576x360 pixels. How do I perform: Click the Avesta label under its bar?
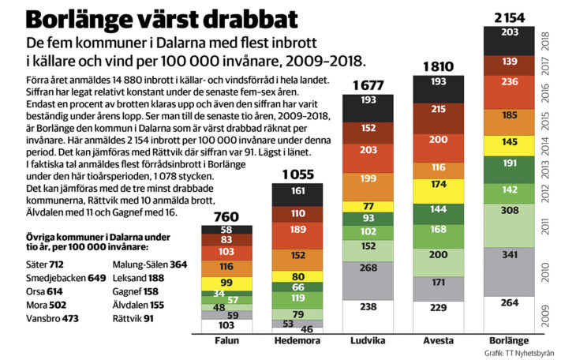(439, 341)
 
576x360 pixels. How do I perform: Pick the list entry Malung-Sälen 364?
(150, 264)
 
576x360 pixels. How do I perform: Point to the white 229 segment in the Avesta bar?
(439, 308)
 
